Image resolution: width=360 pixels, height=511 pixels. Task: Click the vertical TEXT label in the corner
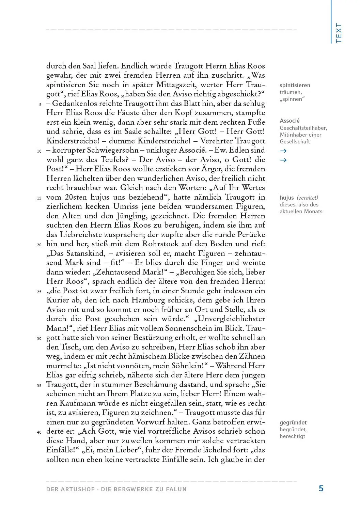pyautogui.click(x=339, y=33)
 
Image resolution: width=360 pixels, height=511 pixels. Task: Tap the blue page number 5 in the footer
pyautogui.click(x=321, y=489)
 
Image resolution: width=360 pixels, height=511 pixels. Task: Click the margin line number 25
pyautogui.click(x=39, y=292)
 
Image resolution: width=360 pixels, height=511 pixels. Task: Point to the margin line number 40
pyautogui.click(x=39, y=432)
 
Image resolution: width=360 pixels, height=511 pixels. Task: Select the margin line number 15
pyautogui.click(x=39, y=198)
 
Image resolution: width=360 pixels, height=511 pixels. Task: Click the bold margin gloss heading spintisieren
pyautogui.click(x=295, y=86)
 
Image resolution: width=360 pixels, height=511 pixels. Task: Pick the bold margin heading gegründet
pyautogui.click(x=293, y=423)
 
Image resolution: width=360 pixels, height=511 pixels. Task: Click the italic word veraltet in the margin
pyautogui.click(x=308, y=198)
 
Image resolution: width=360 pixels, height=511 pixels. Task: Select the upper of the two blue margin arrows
pyautogui.click(x=283, y=151)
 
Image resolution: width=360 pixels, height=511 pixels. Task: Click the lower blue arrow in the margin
pyautogui.click(x=283, y=160)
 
